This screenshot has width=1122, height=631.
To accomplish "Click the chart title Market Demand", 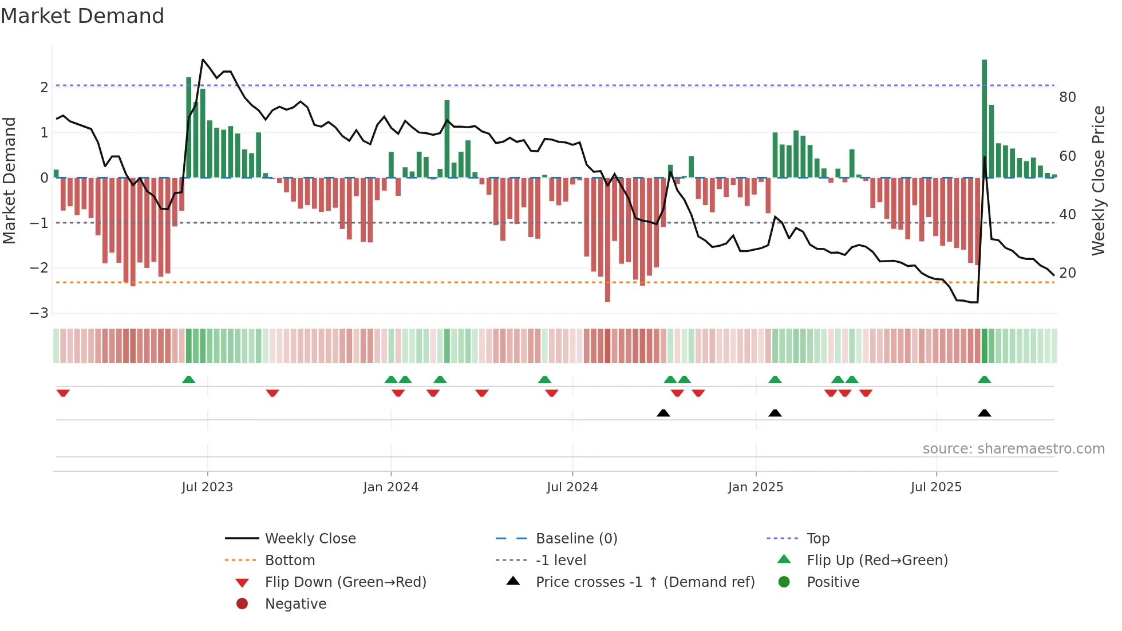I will click(x=82, y=16).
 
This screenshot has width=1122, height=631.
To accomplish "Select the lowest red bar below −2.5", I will click(x=607, y=240).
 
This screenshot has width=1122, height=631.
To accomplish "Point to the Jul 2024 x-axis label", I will click(x=572, y=487).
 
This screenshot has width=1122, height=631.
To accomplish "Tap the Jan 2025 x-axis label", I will click(x=756, y=487).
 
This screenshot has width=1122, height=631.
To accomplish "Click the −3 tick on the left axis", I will click(x=39, y=313).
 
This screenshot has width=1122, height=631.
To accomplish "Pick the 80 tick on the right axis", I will click(x=1067, y=97).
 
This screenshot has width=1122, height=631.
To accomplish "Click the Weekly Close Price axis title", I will click(x=1098, y=180).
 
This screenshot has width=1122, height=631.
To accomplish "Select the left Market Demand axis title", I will click(x=9, y=180).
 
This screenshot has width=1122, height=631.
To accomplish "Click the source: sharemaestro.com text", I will click(x=1013, y=449).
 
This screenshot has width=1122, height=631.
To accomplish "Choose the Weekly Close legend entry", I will click(x=310, y=539).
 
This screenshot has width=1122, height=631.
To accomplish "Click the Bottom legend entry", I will click(x=290, y=561).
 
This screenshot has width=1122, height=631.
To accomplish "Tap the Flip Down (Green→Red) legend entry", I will click(x=345, y=582).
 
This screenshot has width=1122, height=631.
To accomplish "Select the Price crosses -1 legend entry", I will click(x=645, y=582).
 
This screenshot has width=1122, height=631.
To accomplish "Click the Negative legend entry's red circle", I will click(x=242, y=604).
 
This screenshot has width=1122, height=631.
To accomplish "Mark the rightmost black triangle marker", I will click(x=984, y=413).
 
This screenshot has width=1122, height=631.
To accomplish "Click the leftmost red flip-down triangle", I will click(x=63, y=393).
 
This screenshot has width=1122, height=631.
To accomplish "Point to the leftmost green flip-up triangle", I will click(x=188, y=379).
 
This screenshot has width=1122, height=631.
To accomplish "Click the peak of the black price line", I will click(x=203, y=60).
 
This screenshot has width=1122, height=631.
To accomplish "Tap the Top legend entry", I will click(x=817, y=539).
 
